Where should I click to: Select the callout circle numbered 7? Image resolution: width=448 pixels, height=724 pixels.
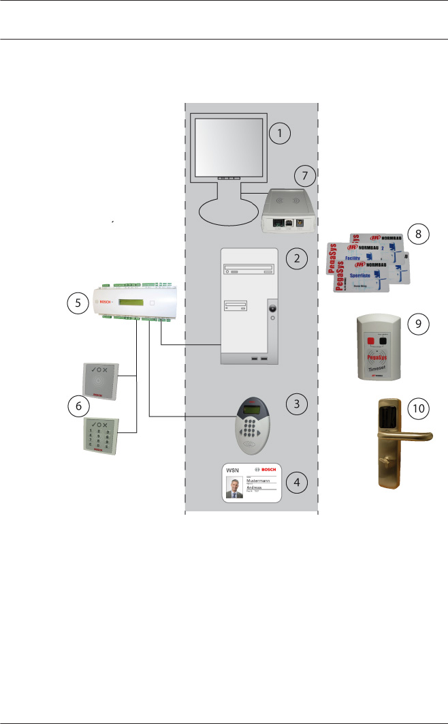(x=305, y=176)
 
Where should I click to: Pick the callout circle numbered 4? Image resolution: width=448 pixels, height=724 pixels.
(x=297, y=481)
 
